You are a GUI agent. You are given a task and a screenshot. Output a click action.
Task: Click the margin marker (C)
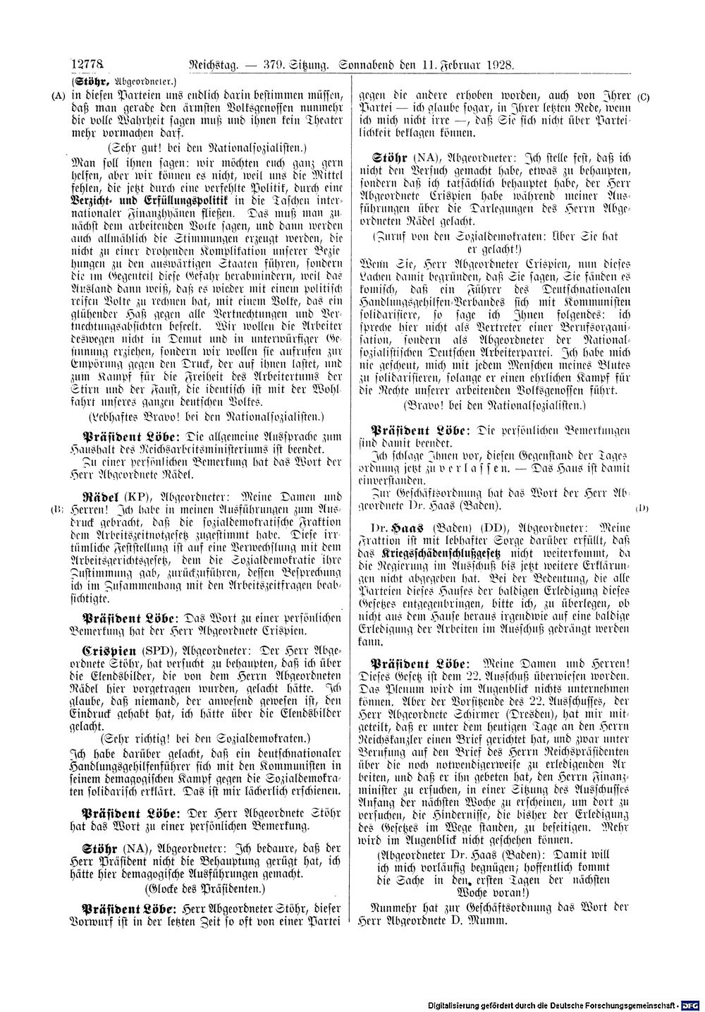click(x=642, y=96)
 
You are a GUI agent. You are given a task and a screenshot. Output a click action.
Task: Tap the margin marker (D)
click(x=642, y=508)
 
